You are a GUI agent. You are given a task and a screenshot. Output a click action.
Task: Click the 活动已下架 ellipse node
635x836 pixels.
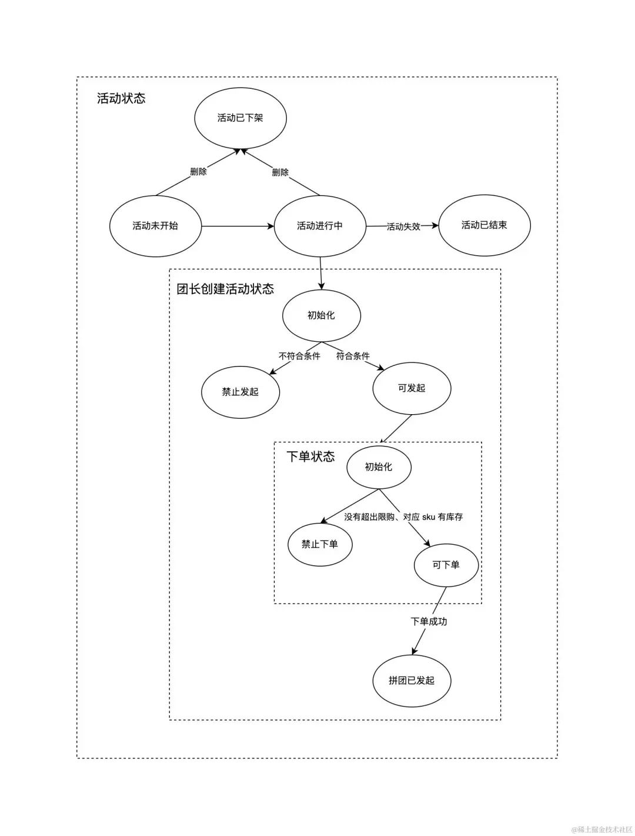coord(240,118)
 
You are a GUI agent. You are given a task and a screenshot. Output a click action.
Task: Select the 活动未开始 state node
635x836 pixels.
coord(155,226)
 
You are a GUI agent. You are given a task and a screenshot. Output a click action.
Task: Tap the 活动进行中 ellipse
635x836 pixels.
coord(320,226)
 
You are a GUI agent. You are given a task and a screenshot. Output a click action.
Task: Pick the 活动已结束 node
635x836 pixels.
coord(484,225)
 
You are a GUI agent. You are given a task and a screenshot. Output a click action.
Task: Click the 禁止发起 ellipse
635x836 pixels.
coord(240,392)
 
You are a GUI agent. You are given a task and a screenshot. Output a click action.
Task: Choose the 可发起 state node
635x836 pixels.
coord(412,388)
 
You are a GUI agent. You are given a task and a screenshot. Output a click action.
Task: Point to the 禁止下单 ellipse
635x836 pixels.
coord(320,544)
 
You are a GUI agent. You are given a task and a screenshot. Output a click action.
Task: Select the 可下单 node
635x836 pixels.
coord(446,565)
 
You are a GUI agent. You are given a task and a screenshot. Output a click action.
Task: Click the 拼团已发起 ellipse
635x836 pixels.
coord(412,681)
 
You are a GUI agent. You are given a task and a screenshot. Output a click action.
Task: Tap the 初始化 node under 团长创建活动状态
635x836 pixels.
coord(321,315)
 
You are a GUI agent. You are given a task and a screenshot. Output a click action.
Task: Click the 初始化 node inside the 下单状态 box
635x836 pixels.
coord(379,467)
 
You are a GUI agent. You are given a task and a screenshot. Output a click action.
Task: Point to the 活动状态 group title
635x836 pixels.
coord(121,98)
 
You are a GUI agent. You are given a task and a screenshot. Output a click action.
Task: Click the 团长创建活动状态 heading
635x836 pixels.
coord(225,289)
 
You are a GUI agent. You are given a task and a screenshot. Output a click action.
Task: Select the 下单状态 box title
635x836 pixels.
coord(310,457)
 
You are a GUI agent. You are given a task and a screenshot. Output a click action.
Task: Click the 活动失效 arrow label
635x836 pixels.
coord(403,227)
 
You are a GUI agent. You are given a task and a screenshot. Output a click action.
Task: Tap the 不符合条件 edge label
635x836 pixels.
coord(299,356)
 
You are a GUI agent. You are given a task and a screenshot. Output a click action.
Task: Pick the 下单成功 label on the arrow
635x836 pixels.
coord(429,621)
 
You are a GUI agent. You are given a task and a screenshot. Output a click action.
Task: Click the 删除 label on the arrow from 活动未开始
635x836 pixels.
coord(198,172)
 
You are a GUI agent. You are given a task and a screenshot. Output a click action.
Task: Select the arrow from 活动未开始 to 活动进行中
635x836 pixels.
coord(238,226)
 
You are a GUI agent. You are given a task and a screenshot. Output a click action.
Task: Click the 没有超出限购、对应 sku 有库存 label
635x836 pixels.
coord(403,517)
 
